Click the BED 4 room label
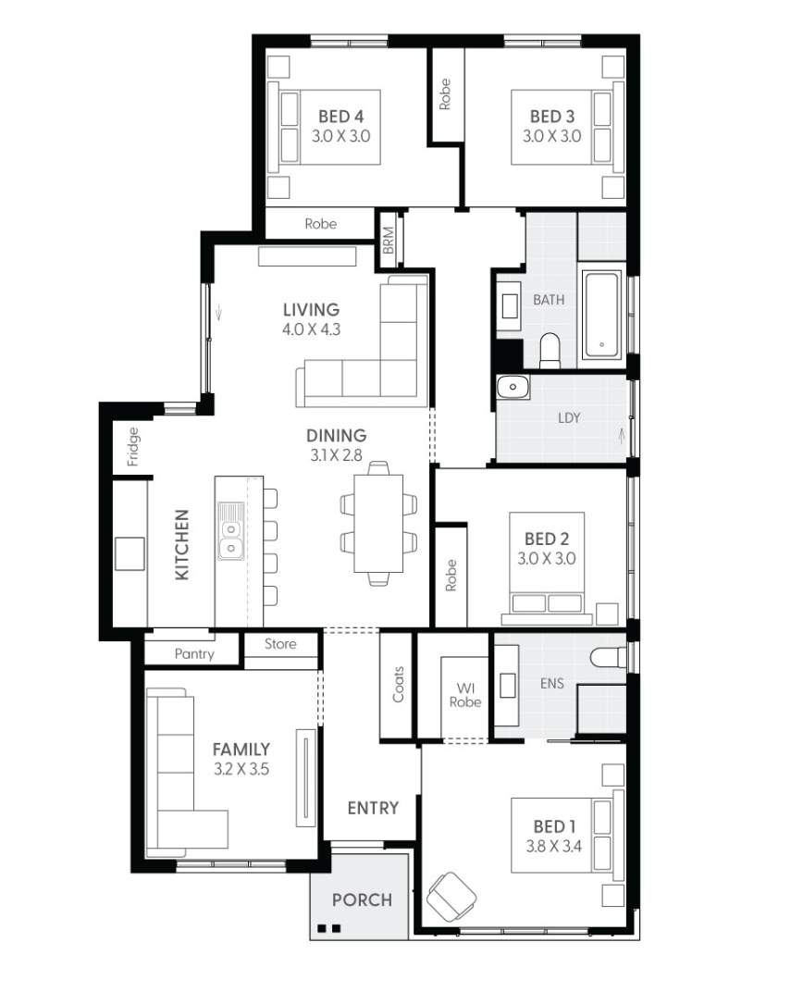point(340,117)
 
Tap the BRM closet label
point(389,241)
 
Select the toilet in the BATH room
point(550,348)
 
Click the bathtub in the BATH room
point(603,315)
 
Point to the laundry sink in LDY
point(512,387)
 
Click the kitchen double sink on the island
point(230,531)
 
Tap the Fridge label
point(132,446)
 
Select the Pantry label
point(194,653)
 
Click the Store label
point(280,644)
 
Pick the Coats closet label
point(399,684)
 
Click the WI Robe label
point(465,695)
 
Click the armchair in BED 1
point(451,895)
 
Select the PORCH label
point(362,899)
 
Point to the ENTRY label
point(373,808)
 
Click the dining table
point(378,524)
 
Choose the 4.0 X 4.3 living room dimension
point(312,329)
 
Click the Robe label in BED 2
point(451,576)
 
